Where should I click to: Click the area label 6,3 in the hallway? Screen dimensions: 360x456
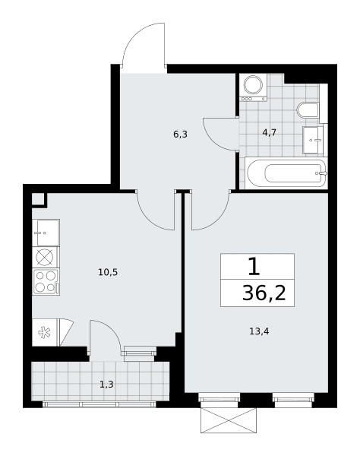(x=180, y=135)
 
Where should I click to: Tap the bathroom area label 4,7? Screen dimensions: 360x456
(x=269, y=133)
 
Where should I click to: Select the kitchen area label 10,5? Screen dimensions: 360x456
(x=108, y=273)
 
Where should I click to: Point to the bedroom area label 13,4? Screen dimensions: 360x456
(x=259, y=331)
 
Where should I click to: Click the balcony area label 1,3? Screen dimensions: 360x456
(x=106, y=385)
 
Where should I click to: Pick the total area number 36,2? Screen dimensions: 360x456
(x=264, y=293)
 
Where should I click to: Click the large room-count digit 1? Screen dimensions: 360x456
(x=254, y=267)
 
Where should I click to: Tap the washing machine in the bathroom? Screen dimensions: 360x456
(x=253, y=87)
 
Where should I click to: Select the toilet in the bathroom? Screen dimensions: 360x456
(x=308, y=110)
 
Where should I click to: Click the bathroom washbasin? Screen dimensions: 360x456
(x=313, y=140)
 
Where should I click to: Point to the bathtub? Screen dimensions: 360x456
(x=286, y=173)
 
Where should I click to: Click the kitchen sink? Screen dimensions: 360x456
(x=46, y=233)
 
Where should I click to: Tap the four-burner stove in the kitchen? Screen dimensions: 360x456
(x=46, y=282)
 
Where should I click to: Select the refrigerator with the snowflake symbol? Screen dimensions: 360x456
(x=46, y=332)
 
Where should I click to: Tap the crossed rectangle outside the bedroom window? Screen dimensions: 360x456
(x=229, y=420)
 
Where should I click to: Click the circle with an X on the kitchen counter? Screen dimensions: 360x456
(x=44, y=257)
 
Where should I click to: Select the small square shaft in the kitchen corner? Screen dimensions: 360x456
(x=37, y=199)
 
